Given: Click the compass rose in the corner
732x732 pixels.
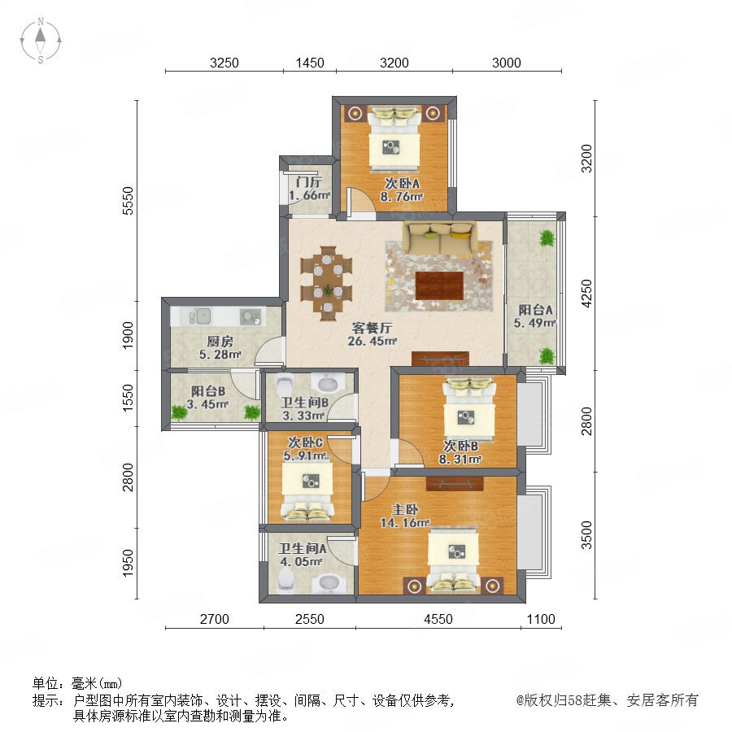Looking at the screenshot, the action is (41, 40).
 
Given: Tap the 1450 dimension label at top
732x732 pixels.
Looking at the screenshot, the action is (310, 63).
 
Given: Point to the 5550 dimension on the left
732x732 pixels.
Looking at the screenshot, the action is (128, 201).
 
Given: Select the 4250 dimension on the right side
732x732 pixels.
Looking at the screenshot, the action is (586, 293).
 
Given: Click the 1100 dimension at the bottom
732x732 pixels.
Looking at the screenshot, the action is (541, 619).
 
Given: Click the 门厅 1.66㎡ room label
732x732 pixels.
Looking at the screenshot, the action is (309, 189).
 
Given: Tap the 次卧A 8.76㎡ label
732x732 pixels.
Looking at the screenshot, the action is (402, 190).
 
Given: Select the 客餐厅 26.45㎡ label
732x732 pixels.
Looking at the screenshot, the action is (372, 334).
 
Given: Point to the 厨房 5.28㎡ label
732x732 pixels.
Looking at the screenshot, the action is (220, 348).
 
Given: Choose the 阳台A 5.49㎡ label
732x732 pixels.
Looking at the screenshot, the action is (535, 316).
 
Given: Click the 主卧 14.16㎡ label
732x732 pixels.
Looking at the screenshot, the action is (405, 516).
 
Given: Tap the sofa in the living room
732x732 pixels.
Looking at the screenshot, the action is (440, 237).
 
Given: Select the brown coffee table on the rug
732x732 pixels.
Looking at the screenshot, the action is (439, 285).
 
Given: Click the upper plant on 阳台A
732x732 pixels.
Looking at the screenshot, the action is (547, 238).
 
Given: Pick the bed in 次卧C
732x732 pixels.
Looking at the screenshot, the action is (307, 490).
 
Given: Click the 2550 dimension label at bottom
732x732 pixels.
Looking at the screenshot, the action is (310, 619).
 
